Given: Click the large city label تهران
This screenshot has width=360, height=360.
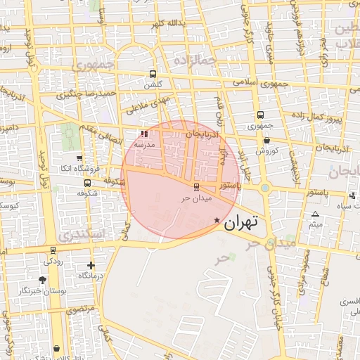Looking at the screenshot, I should tap(241, 223).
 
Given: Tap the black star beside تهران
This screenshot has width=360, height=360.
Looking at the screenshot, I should tap(217, 221).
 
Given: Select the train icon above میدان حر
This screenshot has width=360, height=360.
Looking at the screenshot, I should tap(195, 187).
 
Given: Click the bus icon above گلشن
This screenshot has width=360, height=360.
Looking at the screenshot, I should tap(153, 74).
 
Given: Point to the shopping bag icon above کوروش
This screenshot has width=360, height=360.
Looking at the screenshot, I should tap(266, 141).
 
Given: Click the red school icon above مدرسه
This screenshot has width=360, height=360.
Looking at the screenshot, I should tap(144, 134).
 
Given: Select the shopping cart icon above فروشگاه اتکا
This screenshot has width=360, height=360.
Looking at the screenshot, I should tap(79, 157).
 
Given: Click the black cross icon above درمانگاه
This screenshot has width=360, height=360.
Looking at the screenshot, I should tap(91, 266).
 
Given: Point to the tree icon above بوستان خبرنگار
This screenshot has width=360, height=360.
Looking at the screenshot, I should tap(42, 280).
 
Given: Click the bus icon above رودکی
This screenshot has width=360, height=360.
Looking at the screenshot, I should tap(53, 250).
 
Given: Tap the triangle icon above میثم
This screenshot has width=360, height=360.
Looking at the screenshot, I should tap(315, 214).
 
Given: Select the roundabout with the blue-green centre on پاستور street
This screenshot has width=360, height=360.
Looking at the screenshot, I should tap(264, 188).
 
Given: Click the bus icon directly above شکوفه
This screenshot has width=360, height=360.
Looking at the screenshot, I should tap(87, 184).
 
